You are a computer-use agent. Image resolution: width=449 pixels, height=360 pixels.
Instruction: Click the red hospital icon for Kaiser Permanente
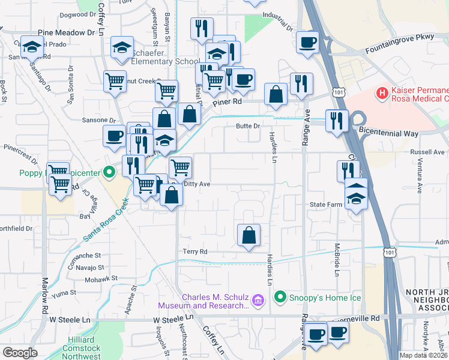click(x=380, y=93)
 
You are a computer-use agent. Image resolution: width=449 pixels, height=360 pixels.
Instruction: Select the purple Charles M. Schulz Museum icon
click(x=258, y=299)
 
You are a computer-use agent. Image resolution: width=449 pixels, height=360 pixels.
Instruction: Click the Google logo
click(x=20, y=352)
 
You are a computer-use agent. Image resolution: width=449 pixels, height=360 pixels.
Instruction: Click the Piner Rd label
click(x=228, y=102)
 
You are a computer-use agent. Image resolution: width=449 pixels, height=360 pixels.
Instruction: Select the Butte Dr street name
click(x=247, y=126)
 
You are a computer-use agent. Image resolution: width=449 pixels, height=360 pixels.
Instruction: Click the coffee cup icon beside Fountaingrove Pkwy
click(x=308, y=43)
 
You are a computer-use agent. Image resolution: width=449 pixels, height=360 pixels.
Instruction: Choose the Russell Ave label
click(x=427, y=152)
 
